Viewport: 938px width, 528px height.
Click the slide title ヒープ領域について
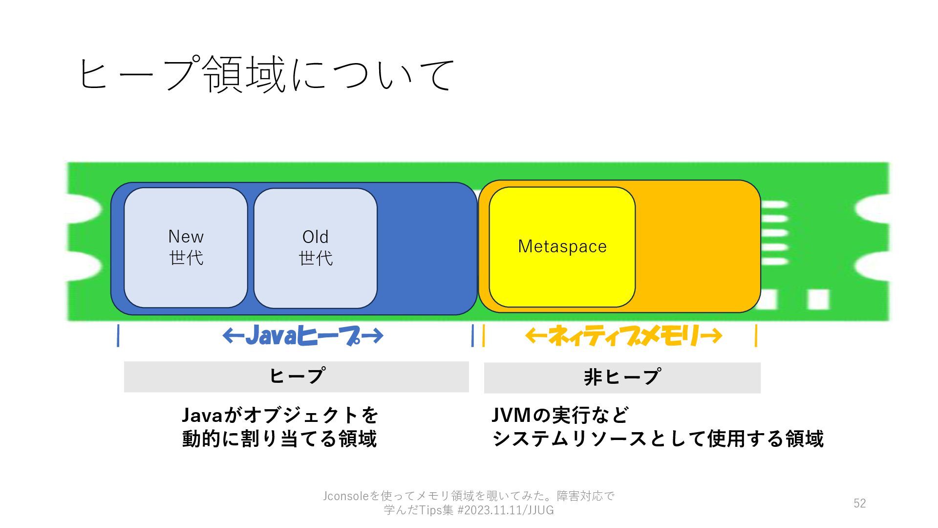click(266, 74)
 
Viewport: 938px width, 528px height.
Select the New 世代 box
click(186, 247)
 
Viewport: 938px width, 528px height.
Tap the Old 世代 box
click(315, 248)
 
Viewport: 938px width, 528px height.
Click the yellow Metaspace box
click(562, 247)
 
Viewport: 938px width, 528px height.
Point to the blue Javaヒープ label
click(303, 336)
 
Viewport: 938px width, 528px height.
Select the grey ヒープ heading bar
click(296, 376)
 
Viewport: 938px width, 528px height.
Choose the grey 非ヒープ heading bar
click(622, 377)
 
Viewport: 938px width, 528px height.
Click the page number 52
click(859, 503)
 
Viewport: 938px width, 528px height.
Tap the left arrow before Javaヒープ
click(233, 336)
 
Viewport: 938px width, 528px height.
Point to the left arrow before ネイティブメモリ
click(536, 335)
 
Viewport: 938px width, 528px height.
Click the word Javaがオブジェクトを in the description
click(280, 416)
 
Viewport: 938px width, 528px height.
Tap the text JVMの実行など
click(560, 416)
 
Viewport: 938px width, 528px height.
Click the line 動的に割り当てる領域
click(279, 439)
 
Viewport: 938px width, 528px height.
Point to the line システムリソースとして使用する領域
click(658, 439)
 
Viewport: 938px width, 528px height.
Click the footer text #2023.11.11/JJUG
click(505, 510)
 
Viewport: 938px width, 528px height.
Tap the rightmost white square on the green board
click(818, 299)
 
